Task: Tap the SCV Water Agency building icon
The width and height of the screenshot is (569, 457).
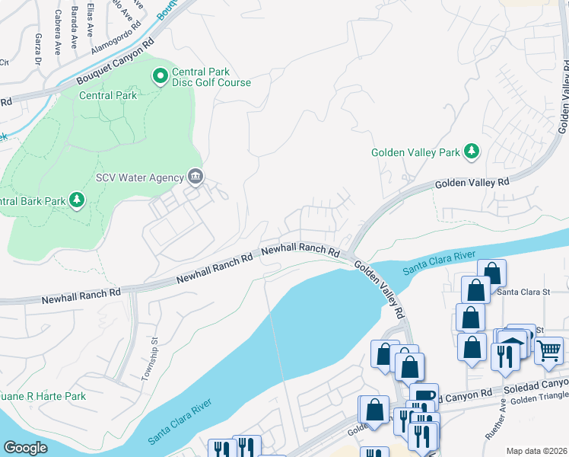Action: click(195, 177)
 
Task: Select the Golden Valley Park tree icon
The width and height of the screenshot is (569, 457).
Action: click(472, 152)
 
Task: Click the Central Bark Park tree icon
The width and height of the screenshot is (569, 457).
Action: click(76, 200)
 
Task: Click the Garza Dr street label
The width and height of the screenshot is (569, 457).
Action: click(37, 49)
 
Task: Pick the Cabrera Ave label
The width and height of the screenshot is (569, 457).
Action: click(58, 32)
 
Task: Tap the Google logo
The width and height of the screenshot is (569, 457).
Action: click(25, 447)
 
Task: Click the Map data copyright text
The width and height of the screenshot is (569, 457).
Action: click(536, 451)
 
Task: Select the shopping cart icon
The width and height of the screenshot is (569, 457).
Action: click(548, 351)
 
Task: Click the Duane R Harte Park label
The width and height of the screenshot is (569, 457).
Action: click(42, 397)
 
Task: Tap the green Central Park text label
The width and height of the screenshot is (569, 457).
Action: click(109, 95)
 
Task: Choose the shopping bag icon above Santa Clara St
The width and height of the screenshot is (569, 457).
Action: click(492, 271)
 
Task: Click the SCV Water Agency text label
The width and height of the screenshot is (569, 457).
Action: click(139, 177)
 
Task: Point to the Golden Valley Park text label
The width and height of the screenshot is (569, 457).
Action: click(415, 152)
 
